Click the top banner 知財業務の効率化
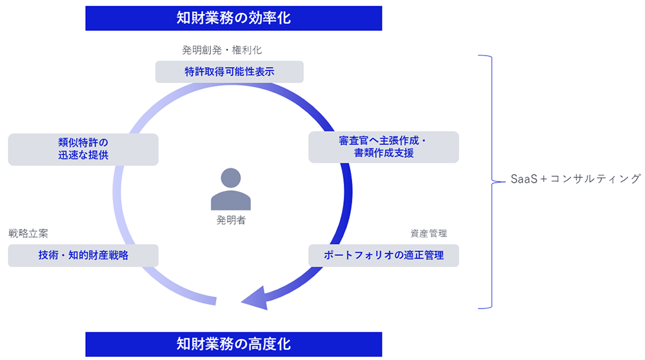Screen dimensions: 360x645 coord(233,18)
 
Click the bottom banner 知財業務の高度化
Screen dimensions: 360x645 coord(233,344)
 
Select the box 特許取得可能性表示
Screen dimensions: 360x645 coord(229,72)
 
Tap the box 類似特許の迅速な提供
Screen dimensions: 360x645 coord(83,149)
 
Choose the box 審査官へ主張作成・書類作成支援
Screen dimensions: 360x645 coord(383,147)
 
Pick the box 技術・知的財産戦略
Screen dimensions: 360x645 coord(83,255)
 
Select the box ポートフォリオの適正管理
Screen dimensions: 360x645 coord(383,255)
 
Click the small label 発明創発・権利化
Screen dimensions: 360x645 coord(222,50)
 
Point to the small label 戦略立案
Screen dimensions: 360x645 coord(28,233)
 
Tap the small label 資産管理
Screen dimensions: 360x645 coord(428,233)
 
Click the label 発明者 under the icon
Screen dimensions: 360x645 coord(230,220)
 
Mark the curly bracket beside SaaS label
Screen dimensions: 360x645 coord(488,181)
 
